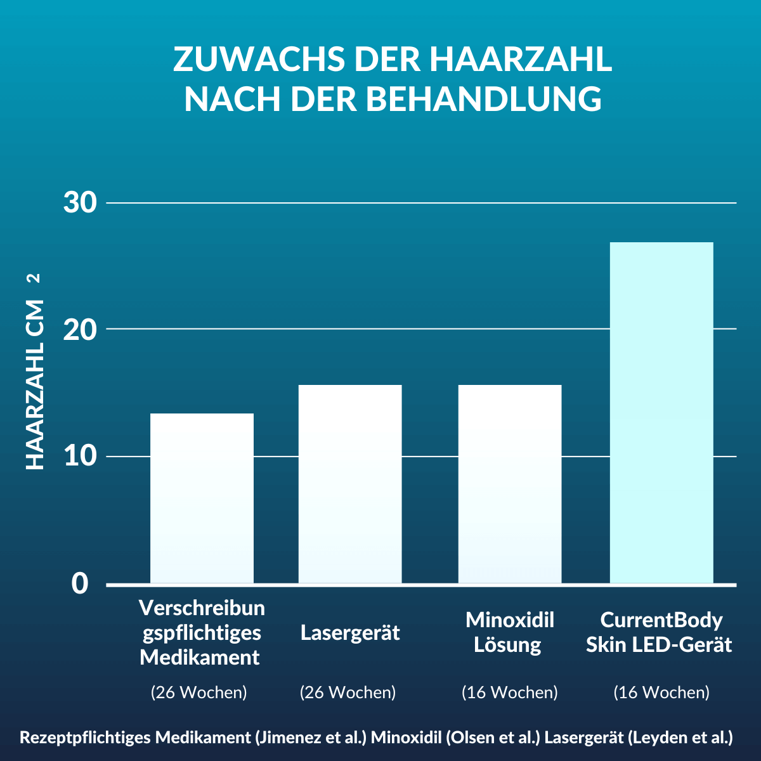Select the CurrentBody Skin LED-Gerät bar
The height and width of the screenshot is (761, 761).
(661, 412)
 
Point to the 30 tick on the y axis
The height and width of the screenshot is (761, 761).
(80, 203)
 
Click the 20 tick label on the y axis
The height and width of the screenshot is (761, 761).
(80, 329)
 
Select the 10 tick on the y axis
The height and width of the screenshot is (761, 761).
(80, 456)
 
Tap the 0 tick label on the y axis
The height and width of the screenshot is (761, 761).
(80, 583)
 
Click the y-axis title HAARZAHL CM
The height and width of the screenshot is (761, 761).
(35, 387)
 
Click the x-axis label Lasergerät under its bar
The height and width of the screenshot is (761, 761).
(350, 633)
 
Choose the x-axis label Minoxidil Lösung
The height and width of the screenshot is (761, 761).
(510, 632)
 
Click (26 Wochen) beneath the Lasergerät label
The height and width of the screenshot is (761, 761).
(348, 692)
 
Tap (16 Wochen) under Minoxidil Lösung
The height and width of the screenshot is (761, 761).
(510, 692)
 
